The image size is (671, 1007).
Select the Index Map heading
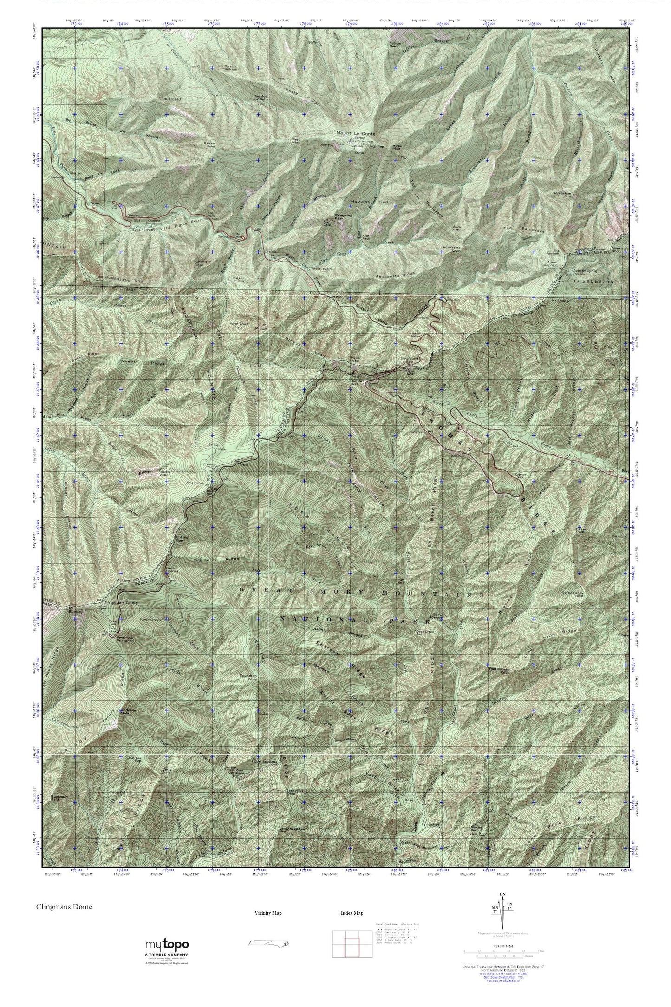(x=352, y=913)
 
